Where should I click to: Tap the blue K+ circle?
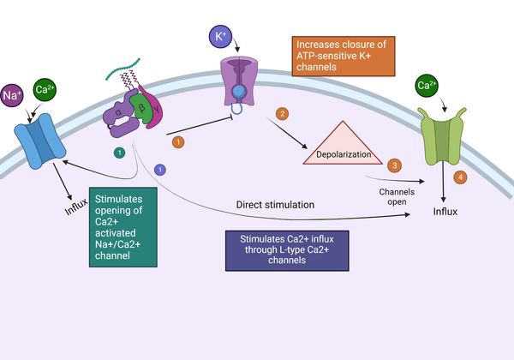tap(221, 37)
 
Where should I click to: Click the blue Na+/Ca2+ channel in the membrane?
tap(39, 140)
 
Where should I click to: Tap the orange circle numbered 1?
tap(178, 141)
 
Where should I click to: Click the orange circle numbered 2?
tap(280, 113)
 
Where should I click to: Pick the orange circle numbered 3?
tap(394, 165)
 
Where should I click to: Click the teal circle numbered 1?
tap(119, 152)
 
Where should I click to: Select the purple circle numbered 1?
tap(159, 169)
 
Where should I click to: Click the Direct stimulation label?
tap(275, 205)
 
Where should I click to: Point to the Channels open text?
tap(397, 196)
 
